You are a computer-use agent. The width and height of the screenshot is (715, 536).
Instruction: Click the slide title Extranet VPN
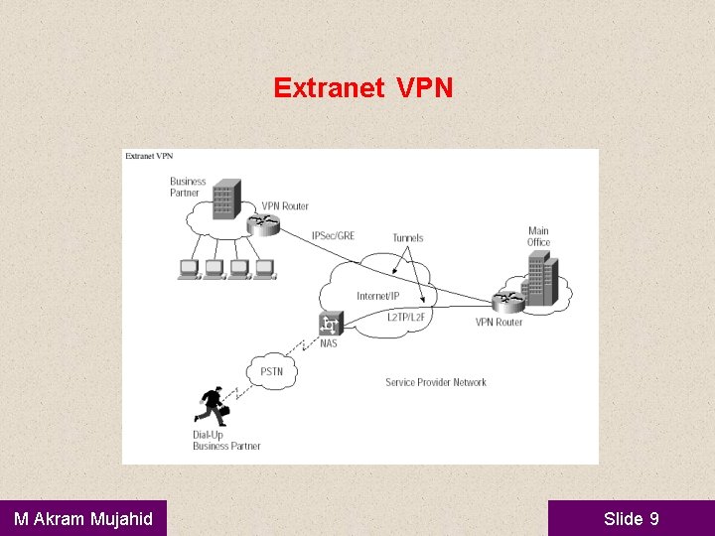(x=363, y=88)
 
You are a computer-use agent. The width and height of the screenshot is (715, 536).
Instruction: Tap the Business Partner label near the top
(x=188, y=187)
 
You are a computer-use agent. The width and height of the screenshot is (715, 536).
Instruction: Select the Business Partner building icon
(x=227, y=200)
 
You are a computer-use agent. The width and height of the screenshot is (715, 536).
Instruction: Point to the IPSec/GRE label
(x=333, y=236)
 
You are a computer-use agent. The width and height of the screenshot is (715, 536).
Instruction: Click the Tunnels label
(x=407, y=237)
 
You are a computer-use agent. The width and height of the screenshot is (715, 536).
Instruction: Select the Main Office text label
(x=538, y=236)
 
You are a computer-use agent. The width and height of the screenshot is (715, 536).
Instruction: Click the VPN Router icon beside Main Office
(x=507, y=300)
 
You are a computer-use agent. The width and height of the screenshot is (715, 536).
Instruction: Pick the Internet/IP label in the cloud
(x=377, y=296)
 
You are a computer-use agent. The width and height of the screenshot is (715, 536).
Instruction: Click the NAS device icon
(x=330, y=324)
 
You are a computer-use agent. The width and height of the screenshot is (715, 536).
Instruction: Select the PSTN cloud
(x=271, y=371)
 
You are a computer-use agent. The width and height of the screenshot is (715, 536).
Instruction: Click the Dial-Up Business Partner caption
(x=226, y=441)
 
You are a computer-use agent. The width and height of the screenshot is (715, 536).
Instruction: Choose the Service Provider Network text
(x=436, y=382)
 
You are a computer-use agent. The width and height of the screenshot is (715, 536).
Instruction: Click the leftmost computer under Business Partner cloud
(x=188, y=269)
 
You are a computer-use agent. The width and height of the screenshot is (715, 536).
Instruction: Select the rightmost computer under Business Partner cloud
(x=263, y=269)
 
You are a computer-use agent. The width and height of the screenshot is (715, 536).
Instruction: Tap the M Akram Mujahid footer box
(x=83, y=518)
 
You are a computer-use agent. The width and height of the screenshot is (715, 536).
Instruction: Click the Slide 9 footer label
(x=631, y=518)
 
